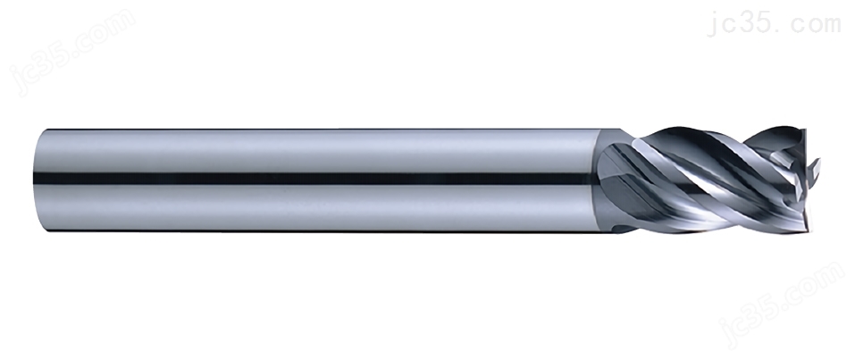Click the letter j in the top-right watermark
[712, 23]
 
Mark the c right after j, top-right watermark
[728, 26]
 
